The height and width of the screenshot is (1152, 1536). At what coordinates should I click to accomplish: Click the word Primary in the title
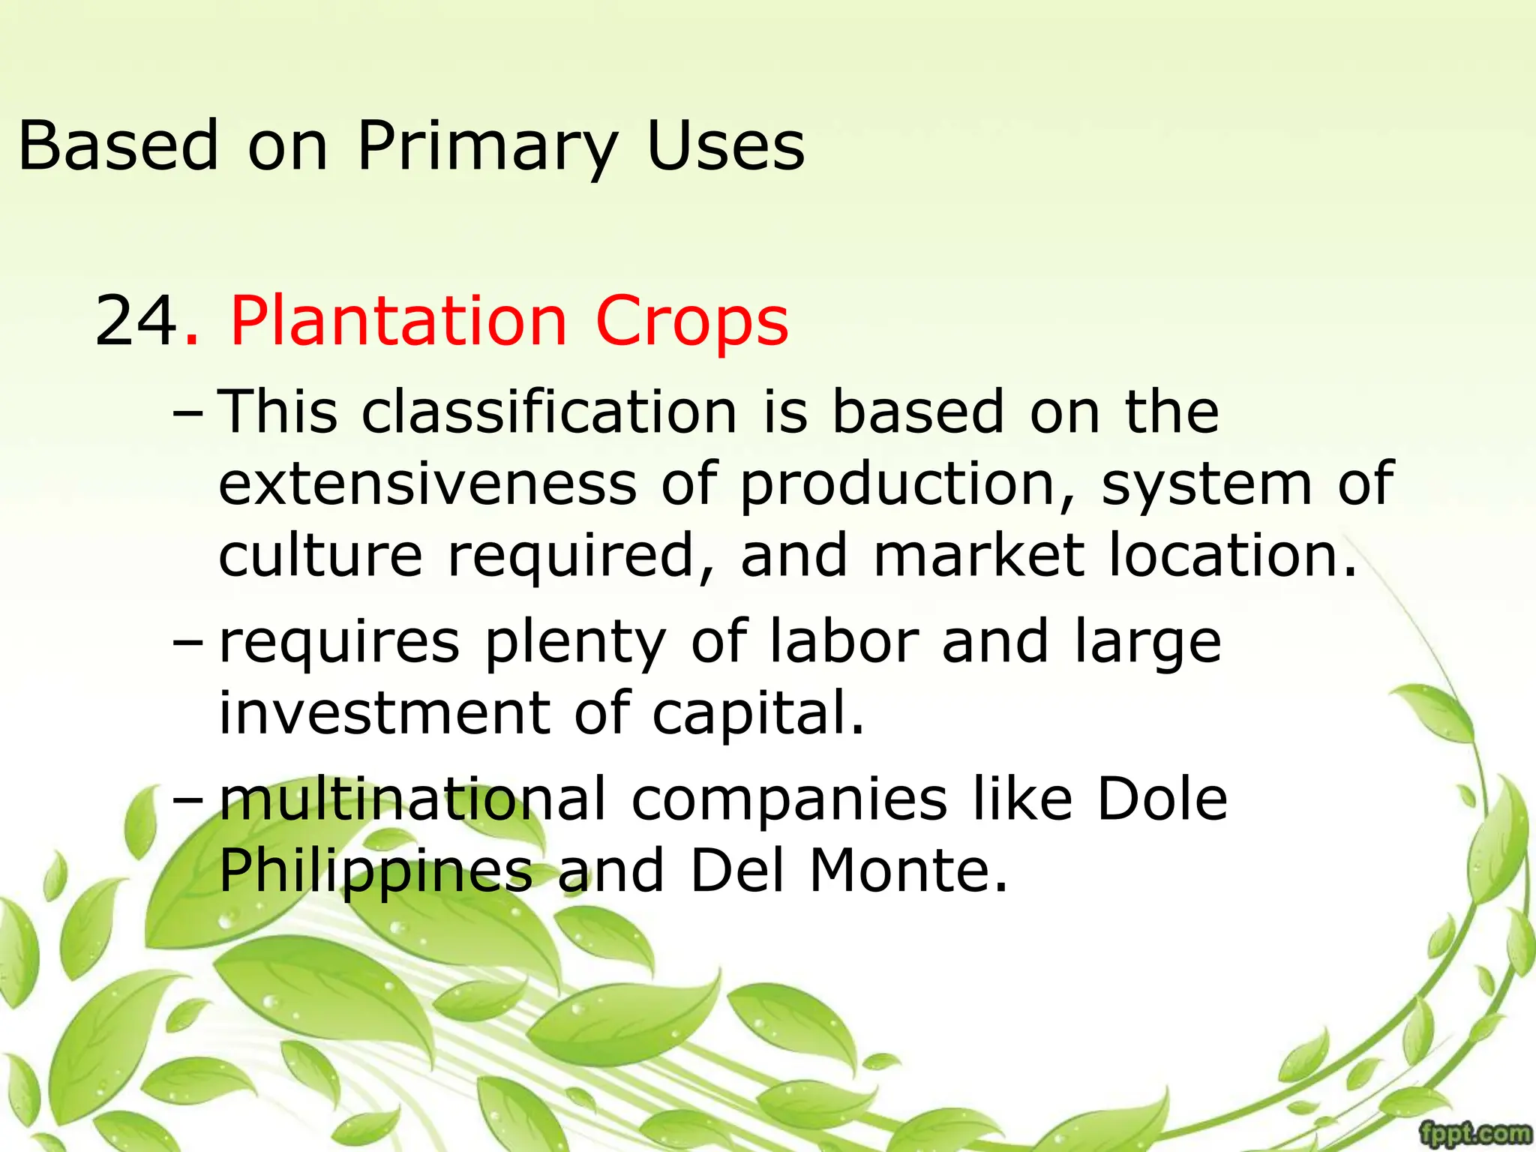pos(487,146)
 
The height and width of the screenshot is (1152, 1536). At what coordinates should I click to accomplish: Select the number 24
pos(136,321)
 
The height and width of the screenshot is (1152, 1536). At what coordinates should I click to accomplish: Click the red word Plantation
pos(398,321)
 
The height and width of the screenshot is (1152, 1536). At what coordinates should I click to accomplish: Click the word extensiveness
pos(427,483)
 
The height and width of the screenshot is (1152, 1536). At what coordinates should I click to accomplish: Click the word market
pos(979,555)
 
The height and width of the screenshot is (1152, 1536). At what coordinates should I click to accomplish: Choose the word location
pos(1232,555)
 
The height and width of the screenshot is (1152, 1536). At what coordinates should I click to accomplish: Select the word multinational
pos(412,799)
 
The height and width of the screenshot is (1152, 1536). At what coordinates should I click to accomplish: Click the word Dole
pos(1162,799)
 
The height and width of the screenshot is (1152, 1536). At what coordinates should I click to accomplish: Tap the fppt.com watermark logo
pos(1475,1132)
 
